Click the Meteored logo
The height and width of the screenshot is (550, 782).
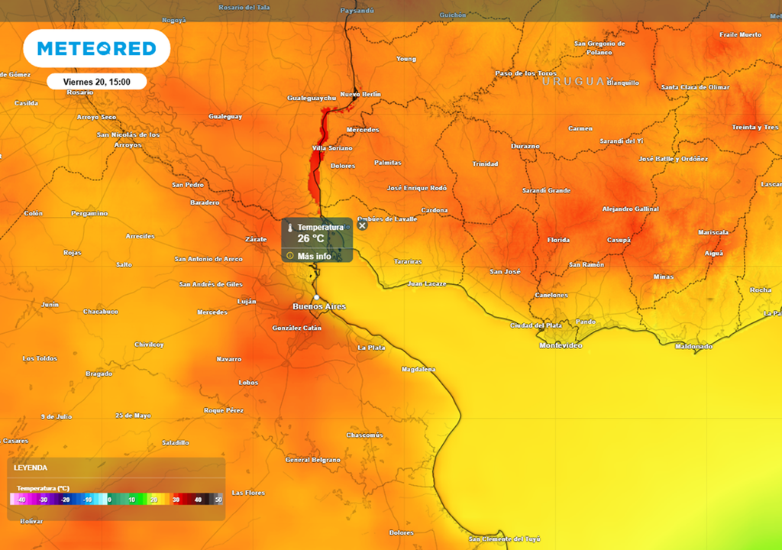coord(96,49)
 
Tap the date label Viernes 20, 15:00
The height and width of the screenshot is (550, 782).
coord(96,82)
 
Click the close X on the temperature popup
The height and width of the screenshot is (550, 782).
coord(363,225)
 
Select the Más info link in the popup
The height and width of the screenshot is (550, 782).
coord(314,256)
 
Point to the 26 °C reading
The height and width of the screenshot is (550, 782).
coord(311,238)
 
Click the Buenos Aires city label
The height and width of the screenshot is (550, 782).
coord(319,306)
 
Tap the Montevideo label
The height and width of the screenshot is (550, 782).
coord(561,345)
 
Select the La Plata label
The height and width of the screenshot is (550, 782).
coord(371,348)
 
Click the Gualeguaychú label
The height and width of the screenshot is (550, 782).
coord(312,98)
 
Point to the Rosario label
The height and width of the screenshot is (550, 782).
coord(79,92)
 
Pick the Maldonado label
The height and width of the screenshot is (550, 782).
coord(693,347)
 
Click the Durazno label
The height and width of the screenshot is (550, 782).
coord(525,146)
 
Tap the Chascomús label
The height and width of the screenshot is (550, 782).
coord(364,435)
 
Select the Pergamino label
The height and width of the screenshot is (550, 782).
coord(89,213)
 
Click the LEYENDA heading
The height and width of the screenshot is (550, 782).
coord(31,467)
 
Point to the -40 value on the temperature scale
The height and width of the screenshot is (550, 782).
coord(21,500)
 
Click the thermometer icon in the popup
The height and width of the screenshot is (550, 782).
coord(290,228)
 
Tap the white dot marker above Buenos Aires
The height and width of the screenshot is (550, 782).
coord(316,297)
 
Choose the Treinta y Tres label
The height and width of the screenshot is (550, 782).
coord(755,127)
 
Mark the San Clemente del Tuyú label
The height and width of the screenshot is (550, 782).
coord(504,539)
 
